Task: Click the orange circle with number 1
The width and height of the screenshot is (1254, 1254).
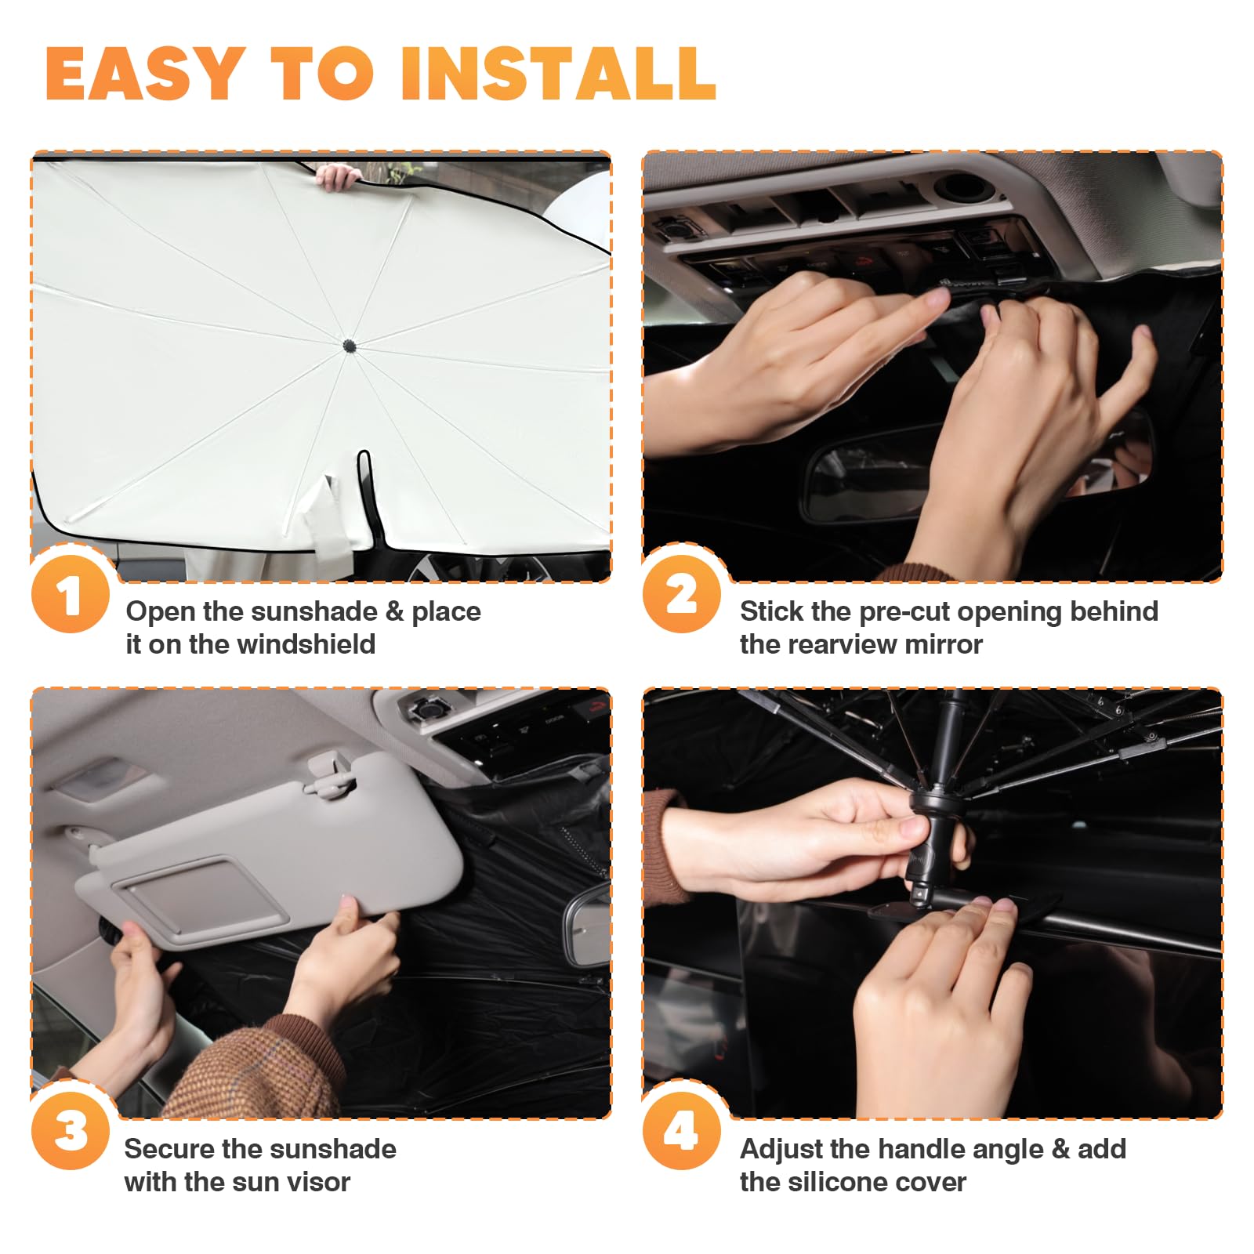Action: point(71,595)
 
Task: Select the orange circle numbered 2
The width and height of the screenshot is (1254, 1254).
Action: point(681,595)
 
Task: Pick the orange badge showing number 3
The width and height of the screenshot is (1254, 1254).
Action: point(71,1132)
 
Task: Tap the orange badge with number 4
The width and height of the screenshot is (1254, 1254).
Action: point(681,1132)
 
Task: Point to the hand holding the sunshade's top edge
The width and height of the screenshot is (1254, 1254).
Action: point(339,178)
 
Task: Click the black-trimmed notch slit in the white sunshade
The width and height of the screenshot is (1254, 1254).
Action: point(365,494)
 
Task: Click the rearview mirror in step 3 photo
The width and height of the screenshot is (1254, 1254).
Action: point(588,925)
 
